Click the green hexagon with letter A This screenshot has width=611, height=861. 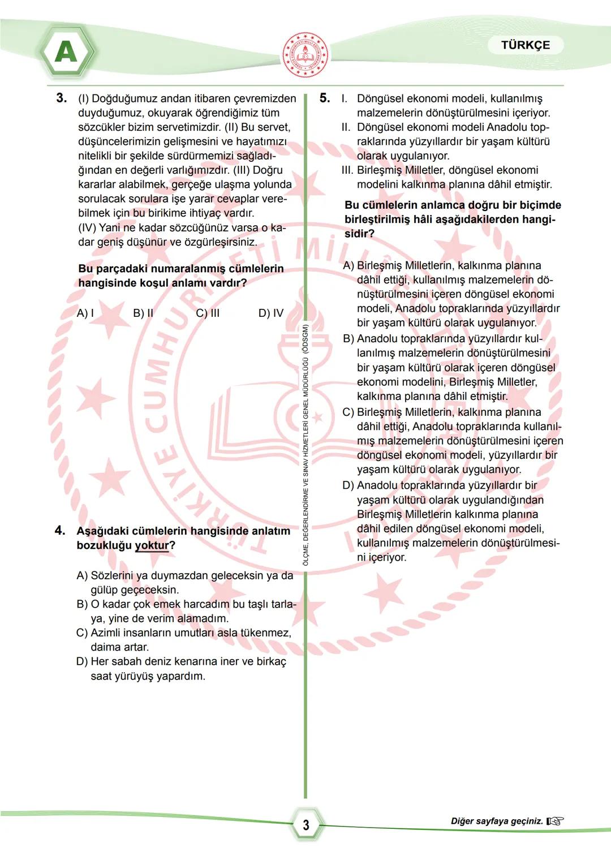pyautogui.click(x=66, y=53)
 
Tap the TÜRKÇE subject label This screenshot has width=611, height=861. pyautogui.click(x=525, y=45)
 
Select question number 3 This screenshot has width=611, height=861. pyautogui.click(x=61, y=98)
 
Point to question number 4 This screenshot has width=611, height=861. pyautogui.click(x=60, y=531)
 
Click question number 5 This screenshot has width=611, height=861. pyautogui.click(x=325, y=98)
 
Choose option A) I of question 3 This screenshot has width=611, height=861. pyautogui.click(x=85, y=313)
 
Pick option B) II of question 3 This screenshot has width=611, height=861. pyautogui.click(x=143, y=313)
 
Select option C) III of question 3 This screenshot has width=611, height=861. pyautogui.click(x=208, y=313)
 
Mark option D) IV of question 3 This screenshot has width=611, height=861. pyautogui.click(x=271, y=313)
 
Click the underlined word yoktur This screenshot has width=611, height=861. pyautogui.click(x=152, y=545)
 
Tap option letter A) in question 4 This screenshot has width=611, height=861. pyautogui.click(x=83, y=576)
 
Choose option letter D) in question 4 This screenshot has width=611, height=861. pyautogui.click(x=83, y=662)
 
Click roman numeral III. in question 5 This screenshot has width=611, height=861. pyautogui.click(x=347, y=170)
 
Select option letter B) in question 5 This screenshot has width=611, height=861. pyautogui.click(x=348, y=339)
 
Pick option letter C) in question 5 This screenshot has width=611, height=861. pyautogui.click(x=348, y=412)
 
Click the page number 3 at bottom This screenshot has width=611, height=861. pyautogui.click(x=306, y=825)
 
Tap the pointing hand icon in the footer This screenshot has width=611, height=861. pyautogui.click(x=556, y=821)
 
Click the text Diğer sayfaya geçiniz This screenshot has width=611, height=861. pyautogui.click(x=497, y=821)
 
